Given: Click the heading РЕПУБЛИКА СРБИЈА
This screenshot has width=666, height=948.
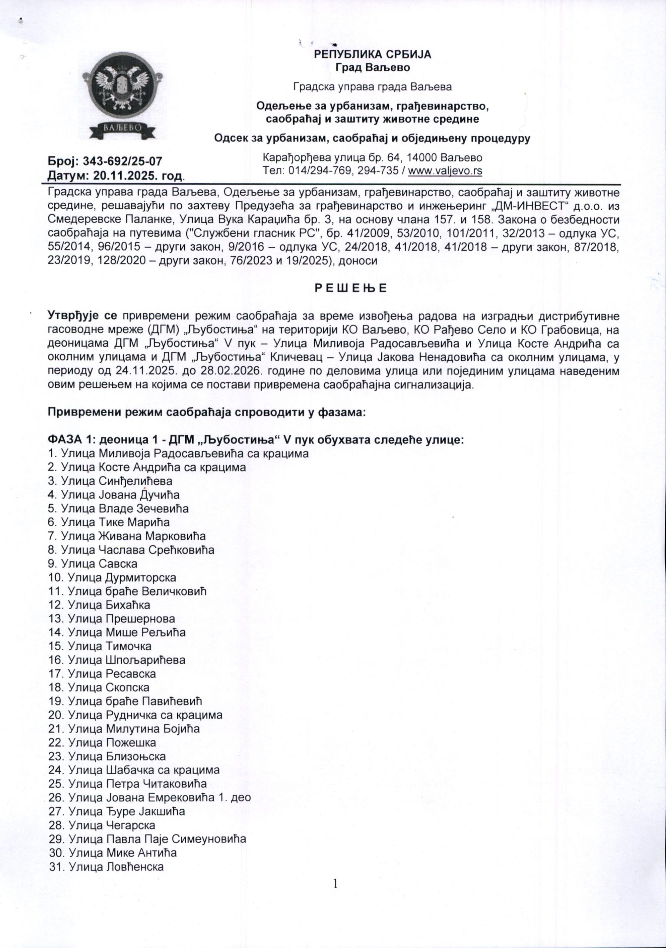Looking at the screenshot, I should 373,54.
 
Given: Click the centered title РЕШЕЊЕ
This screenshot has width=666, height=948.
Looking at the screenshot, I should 350,288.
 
